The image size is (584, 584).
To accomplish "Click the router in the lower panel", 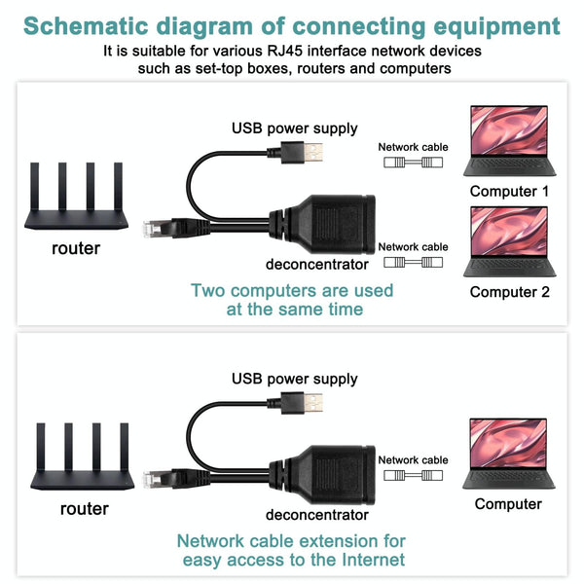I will pyautogui.click(x=83, y=457).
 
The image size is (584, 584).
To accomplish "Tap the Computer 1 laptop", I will pyautogui.click(x=508, y=140).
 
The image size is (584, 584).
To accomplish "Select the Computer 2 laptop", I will pyautogui.click(x=508, y=241).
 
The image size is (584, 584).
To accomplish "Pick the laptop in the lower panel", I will pyautogui.click(x=507, y=454).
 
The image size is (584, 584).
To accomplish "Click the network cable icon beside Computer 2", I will pyautogui.click(x=413, y=263).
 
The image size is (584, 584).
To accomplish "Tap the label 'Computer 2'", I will pyautogui.click(x=509, y=292).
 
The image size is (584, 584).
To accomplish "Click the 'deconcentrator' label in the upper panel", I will pyautogui.click(x=316, y=265).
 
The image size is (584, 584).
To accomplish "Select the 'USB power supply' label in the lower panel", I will pyautogui.click(x=294, y=379).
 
